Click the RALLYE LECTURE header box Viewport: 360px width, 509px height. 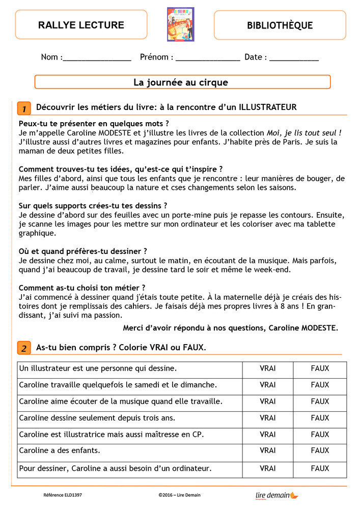pos(81,25)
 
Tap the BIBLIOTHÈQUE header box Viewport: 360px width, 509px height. pos(280,25)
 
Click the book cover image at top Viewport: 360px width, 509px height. pos(180,24)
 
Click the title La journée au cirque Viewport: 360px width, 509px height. pos(181,82)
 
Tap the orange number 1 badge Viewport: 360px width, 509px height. pos(24,108)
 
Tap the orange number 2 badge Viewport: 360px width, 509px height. pos(24,348)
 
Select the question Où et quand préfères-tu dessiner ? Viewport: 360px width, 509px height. pos(83,251)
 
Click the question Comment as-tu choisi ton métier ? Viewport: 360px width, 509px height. pos(82,288)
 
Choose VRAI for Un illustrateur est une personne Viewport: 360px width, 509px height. pos(267,368)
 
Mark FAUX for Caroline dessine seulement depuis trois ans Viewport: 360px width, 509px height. pos(320,418)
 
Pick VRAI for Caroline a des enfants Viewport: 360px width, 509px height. pos(267,450)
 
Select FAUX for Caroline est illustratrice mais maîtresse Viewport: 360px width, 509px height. pos(320,434)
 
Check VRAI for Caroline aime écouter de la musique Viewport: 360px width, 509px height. pos(267,401)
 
